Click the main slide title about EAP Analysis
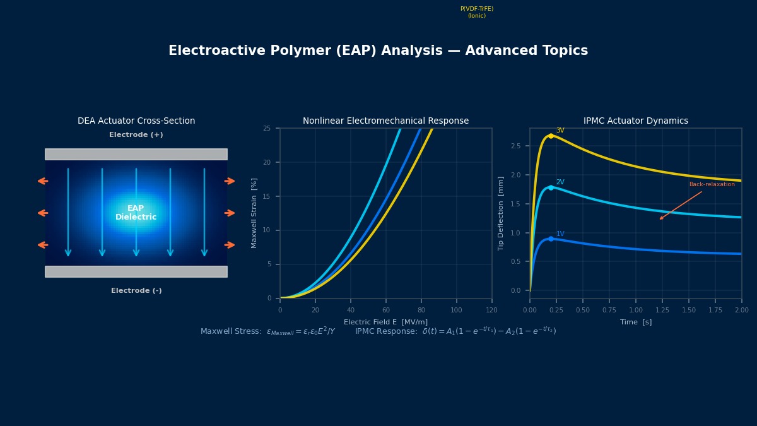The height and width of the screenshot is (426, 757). (378, 51)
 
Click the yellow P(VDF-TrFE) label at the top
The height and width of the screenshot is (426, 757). (476, 12)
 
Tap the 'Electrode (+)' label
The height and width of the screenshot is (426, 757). (136, 135)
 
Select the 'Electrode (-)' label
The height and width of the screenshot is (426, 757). (136, 291)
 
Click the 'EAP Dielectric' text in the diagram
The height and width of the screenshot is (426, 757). (136, 213)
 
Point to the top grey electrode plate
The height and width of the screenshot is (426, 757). (136, 154)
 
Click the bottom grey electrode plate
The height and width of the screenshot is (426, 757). (136, 271)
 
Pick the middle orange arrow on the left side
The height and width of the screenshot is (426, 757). (43, 213)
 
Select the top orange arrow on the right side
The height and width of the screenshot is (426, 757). (230, 181)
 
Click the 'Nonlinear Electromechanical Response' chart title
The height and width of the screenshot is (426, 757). (385, 121)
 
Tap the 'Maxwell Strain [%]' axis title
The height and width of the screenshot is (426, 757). (255, 213)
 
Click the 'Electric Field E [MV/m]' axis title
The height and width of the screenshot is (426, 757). (385, 322)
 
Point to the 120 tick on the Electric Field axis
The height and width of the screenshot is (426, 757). (491, 311)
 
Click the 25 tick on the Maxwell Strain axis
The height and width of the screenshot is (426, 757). (267, 129)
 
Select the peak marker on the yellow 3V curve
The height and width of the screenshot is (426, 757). (551, 136)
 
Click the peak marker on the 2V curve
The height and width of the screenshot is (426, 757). (551, 187)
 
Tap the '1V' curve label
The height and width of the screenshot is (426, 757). (560, 234)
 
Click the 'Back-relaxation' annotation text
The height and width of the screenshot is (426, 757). (712, 185)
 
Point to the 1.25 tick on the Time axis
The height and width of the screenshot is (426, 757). (662, 311)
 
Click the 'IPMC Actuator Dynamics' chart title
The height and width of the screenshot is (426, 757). (635, 121)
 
